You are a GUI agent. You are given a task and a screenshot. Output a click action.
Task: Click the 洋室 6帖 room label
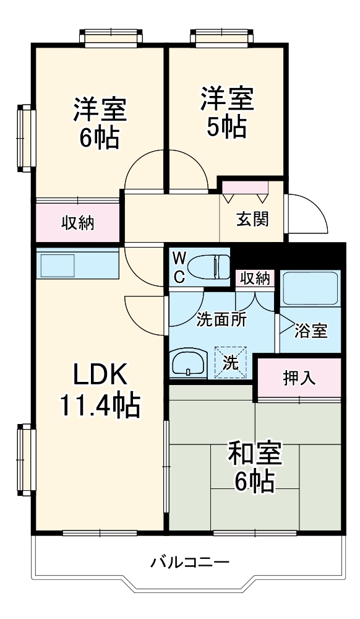point(100,123)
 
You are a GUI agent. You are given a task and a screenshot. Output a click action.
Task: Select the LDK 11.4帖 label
point(100,390)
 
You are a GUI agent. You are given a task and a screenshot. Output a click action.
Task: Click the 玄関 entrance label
point(252,219)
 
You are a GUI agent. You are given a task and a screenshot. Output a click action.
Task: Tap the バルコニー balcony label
point(190,563)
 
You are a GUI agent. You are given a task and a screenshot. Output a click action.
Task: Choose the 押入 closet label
point(299,378)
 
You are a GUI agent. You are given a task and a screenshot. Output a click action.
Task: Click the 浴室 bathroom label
point(310,331)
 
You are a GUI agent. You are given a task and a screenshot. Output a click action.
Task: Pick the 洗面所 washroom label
point(221,319)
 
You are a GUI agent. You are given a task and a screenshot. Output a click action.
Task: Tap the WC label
point(179,267)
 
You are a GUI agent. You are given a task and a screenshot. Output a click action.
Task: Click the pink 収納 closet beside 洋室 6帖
point(77,223)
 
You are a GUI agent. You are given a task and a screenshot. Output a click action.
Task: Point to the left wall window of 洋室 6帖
point(24,137)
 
